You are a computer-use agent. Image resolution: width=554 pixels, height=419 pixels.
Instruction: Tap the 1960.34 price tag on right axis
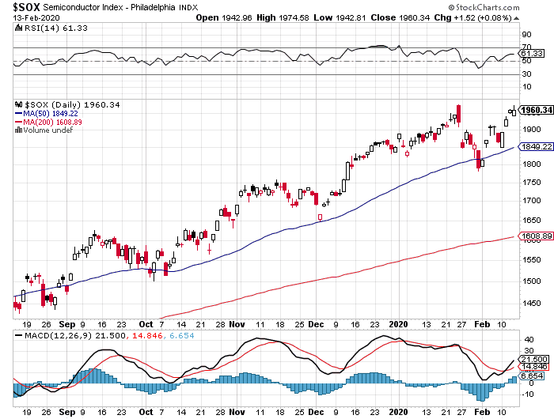[536, 110]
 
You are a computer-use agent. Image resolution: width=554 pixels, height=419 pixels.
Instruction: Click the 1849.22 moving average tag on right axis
[536, 147]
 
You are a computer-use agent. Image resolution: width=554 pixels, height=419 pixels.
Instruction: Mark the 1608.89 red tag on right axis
[536, 236]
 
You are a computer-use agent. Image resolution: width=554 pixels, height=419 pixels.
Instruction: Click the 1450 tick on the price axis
[532, 303]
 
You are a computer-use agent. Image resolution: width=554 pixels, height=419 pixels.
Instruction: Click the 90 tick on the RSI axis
[525, 35]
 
